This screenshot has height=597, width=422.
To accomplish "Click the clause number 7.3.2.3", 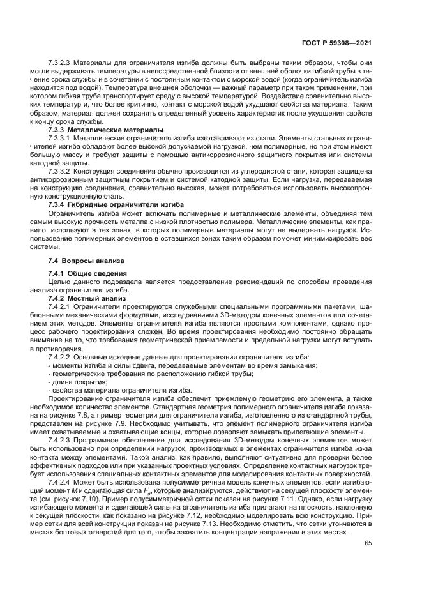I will (59, 63).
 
